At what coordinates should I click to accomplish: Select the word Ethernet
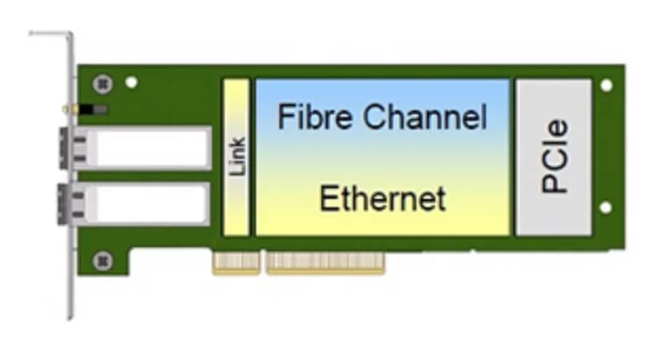pos(382,198)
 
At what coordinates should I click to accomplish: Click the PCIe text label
pos(554,156)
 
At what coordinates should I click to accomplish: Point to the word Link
pos(237,156)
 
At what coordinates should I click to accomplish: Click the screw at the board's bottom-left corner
pos(103,260)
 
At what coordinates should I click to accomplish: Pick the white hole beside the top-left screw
pos(132,82)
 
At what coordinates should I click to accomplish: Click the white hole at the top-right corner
pos(606,85)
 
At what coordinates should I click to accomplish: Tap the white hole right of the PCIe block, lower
pos(606,208)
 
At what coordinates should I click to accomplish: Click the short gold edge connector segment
pos(236,263)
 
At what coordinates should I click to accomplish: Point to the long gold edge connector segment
pos(326,263)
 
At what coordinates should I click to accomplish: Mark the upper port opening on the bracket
pos(63,148)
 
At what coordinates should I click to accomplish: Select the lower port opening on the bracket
pos(63,204)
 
